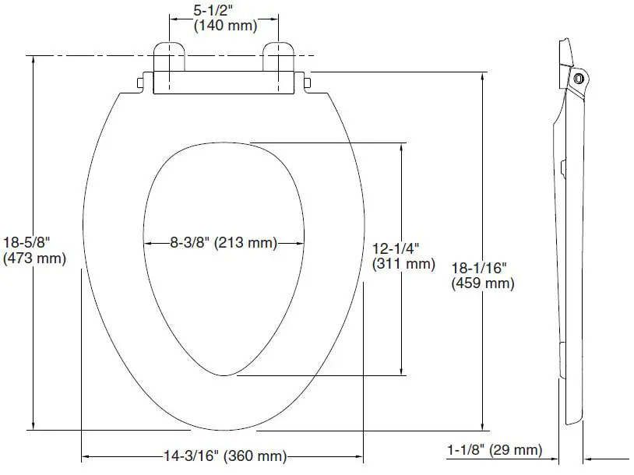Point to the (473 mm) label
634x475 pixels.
(34, 258)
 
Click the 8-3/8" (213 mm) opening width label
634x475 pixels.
(224, 243)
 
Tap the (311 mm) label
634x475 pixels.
(403, 264)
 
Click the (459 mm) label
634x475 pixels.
(483, 284)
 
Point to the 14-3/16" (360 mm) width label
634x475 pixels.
(224, 456)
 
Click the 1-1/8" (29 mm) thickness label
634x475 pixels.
(494, 450)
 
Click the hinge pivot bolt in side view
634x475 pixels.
(577, 78)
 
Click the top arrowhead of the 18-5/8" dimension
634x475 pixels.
(33, 62)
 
